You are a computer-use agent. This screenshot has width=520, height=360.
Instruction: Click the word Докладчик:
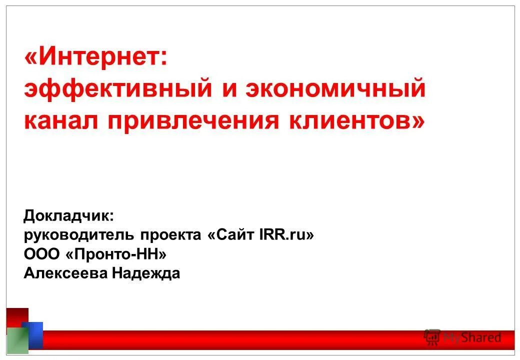coord(69,216)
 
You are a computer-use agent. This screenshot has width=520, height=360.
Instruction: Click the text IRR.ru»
coord(286,235)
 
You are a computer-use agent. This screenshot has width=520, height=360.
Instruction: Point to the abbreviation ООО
coord(41,254)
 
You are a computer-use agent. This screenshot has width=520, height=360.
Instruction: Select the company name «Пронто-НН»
coord(116,254)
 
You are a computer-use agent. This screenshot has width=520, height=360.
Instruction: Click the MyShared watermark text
coord(472,338)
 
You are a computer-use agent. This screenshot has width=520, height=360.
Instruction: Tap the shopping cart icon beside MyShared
coord(431,337)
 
